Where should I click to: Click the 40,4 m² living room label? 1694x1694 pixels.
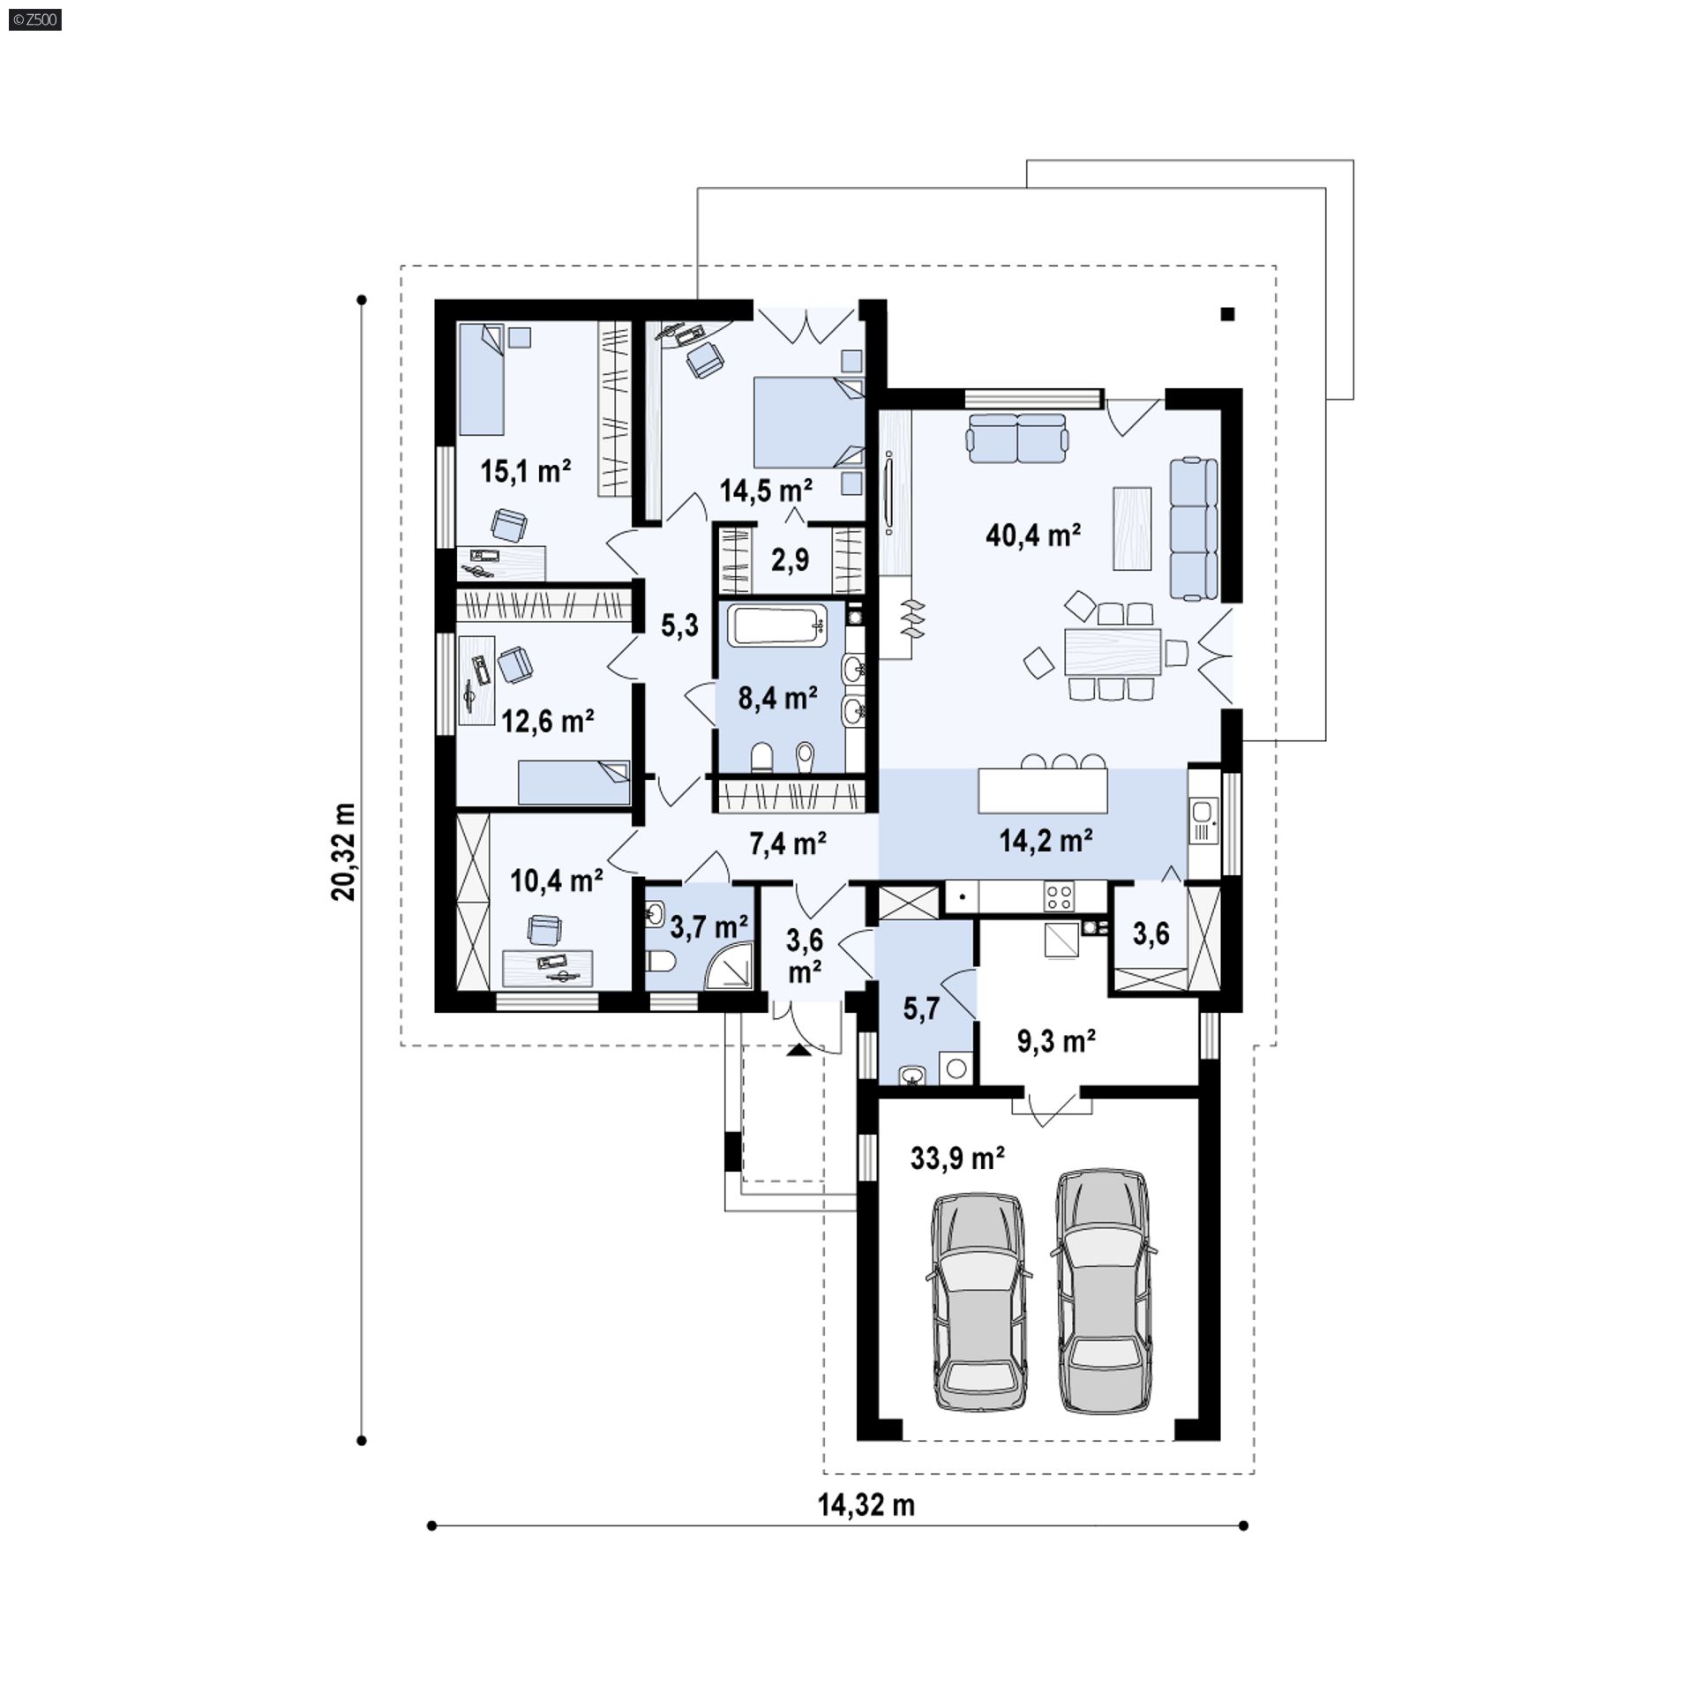pos(1033,535)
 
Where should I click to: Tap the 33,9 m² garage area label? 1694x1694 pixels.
pos(957,1158)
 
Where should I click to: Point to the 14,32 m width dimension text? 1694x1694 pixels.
pos(866,1505)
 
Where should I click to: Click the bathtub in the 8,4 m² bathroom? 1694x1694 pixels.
pos(776,625)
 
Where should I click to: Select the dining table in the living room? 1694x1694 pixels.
pos(1112,651)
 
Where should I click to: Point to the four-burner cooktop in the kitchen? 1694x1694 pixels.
pos(1060,897)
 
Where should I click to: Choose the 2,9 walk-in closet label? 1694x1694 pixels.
pos(790,559)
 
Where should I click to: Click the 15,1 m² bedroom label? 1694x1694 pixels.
pos(525,471)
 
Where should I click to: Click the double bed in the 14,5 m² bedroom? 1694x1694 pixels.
pos(808,422)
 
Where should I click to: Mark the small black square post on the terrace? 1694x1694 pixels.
pos(1227,313)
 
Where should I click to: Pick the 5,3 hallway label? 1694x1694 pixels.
pos(679,626)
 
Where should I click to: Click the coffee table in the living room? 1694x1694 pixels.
pos(1132,528)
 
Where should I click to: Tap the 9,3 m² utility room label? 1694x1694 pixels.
pos(1056,1042)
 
